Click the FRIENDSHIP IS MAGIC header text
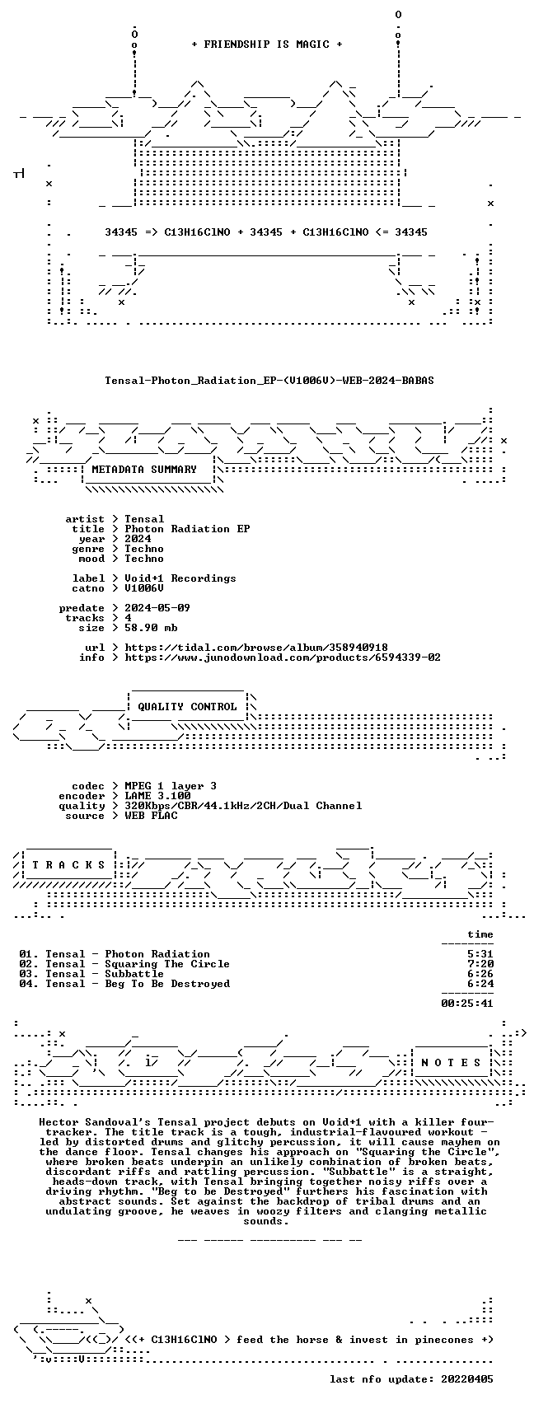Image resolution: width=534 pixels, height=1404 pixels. (267, 44)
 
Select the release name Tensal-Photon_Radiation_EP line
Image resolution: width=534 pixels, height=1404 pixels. (269, 381)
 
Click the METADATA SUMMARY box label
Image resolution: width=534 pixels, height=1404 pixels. (144, 470)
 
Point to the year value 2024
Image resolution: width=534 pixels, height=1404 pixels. (138, 539)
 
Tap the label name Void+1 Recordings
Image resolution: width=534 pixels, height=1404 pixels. (180, 578)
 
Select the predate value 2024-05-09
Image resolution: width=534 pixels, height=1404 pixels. (157, 608)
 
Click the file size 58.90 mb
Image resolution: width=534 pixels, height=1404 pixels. (151, 628)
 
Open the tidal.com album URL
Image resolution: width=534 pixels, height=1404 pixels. (256, 648)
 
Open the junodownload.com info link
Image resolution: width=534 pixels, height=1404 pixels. (283, 658)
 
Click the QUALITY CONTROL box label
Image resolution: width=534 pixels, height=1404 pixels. (187, 707)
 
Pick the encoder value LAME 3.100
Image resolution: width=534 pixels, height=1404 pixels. (157, 796)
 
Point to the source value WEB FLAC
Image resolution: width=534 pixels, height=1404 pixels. (151, 816)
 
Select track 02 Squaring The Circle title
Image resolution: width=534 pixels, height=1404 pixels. (167, 964)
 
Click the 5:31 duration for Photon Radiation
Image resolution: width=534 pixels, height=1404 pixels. (480, 955)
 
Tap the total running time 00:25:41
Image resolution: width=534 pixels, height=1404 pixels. (467, 1004)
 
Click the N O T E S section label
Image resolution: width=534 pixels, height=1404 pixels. (452, 1062)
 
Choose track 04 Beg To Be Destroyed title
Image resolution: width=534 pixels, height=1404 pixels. (167, 984)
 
